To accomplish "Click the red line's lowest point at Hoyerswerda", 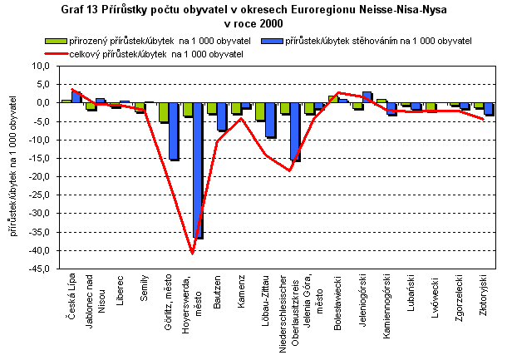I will (x=193, y=253).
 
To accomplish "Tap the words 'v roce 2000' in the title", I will (x=253, y=22).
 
